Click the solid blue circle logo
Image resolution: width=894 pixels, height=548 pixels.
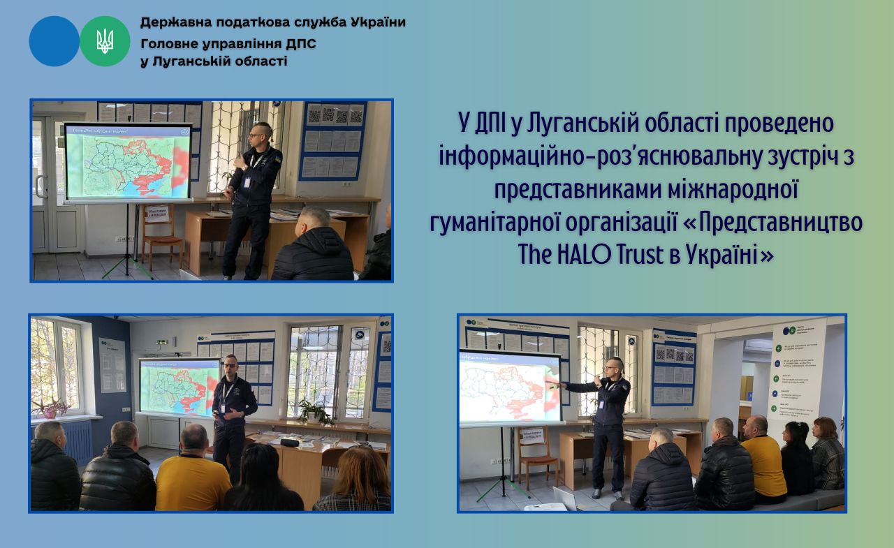pos(54,41)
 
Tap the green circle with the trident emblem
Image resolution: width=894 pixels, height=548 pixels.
pos(105,41)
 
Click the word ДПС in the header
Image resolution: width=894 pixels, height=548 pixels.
pos(300,44)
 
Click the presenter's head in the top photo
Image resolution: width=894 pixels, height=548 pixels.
pos(259,133)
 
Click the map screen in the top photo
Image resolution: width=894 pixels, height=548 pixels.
pos(128,163)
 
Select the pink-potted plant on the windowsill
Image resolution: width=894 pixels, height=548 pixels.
pos(51,408)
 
